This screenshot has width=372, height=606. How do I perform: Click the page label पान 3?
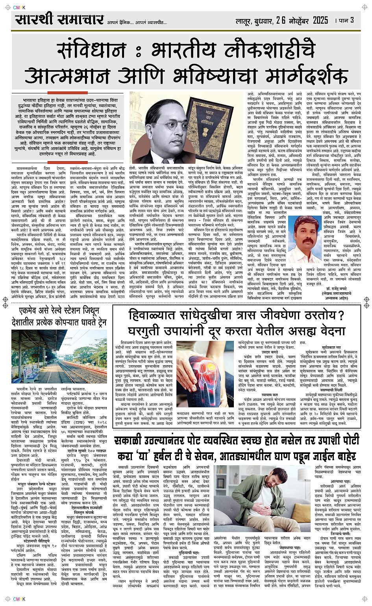click(x=347, y=20)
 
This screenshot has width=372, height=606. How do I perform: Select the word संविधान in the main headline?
click(x=91, y=50)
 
